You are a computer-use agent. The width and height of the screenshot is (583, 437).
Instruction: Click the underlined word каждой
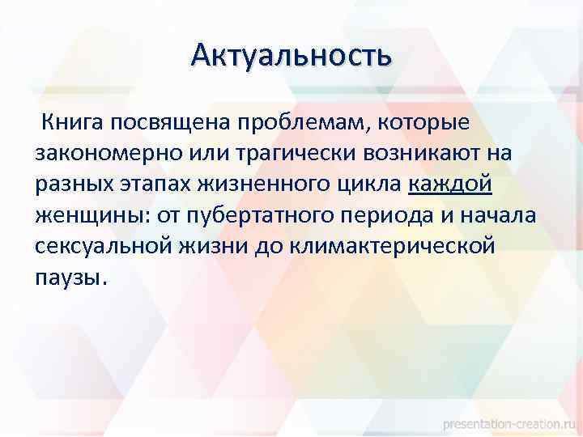450,185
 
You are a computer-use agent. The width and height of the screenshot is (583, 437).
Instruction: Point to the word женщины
86,216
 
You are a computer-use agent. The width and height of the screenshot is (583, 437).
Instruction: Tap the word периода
380,216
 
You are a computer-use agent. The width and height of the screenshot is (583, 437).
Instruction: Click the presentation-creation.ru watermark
511,422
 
